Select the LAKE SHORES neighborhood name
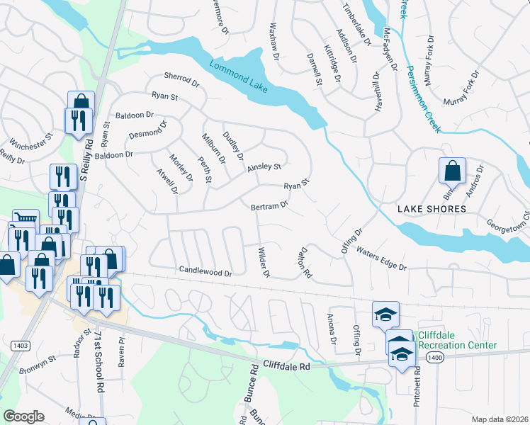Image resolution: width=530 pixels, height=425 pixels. tap(432, 209)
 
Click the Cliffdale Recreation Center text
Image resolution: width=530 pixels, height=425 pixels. tap(456, 340)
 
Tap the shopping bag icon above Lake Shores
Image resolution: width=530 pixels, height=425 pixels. tap(452, 171)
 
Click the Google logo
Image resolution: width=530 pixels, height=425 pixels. tap(24, 416)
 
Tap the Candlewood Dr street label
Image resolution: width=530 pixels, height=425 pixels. tap(205, 271)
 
